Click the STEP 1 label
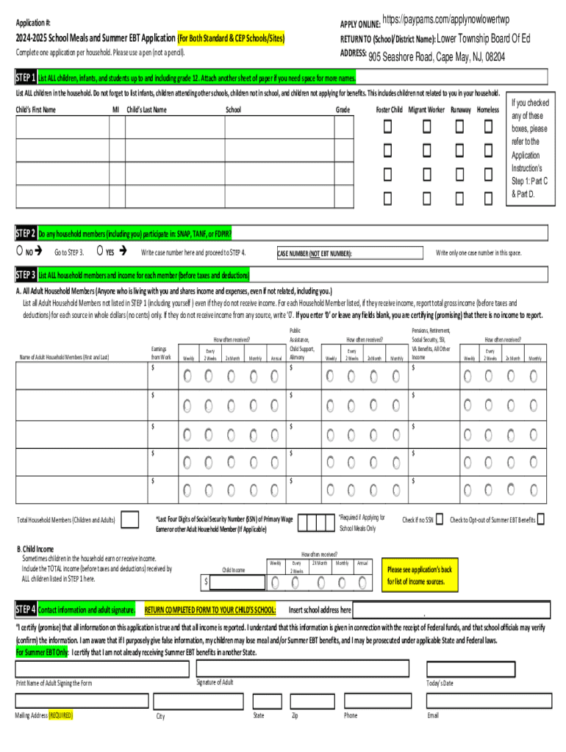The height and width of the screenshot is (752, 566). [26, 78]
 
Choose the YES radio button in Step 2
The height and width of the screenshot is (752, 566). [99, 252]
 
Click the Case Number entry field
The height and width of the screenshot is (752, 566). [388, 253]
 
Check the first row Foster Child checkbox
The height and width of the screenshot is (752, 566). [387, 128]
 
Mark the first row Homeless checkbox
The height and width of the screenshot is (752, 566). [487, 128]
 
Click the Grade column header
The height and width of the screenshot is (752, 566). [343, 110]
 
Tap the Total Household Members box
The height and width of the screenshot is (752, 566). [129, 520]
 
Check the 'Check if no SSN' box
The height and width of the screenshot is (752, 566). [439, 520]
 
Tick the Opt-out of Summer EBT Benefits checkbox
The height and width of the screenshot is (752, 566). [541, 520]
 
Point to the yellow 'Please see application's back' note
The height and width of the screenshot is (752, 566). [420, 576]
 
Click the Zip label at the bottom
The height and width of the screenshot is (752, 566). [294, 715]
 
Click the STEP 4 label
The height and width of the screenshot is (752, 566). [26, 610]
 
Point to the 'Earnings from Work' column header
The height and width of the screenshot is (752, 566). [161, 353]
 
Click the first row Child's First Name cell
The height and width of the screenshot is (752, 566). [62, 128]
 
